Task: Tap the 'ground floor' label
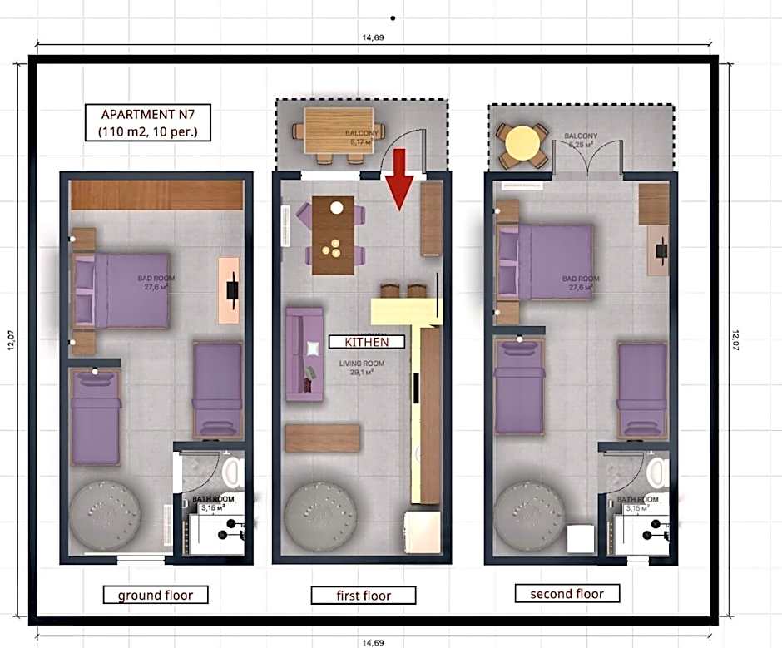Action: (x=155, y=595)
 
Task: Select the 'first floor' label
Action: (x=363, y=596)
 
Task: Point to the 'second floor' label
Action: (x=567, y=593)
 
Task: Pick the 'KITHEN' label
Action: (x=367, y=341)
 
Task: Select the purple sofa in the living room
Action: (x=304, y=353)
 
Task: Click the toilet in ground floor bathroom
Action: (x=231, y=472)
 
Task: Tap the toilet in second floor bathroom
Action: (x=657, y=472)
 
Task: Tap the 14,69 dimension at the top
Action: (x=374, y=37)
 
